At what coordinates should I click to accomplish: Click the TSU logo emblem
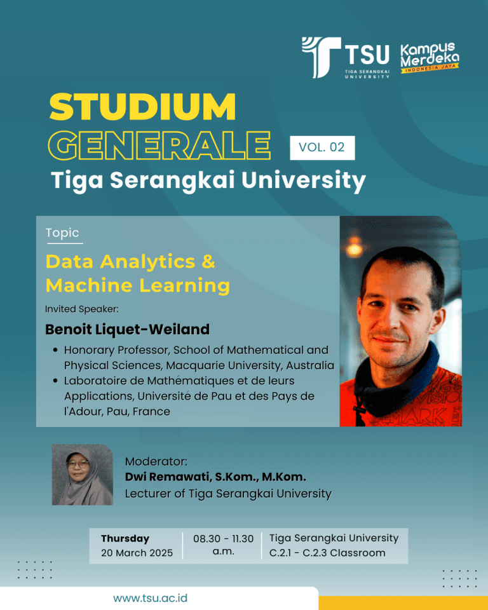tap(321, 57)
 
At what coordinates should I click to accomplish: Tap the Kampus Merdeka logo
tap(430, 58)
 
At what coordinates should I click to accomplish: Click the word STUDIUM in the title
tap(142, 107)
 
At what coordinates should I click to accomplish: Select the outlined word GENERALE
tap(159, 146)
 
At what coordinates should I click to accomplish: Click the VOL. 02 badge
tap(322, 147)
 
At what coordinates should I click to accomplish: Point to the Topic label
tap(62, 233)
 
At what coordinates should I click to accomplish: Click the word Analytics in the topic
tap(147, 261)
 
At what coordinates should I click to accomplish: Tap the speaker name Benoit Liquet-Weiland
tap(127, 329)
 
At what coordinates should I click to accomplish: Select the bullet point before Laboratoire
tap(55, 381)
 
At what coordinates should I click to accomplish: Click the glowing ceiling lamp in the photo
tap(354, 248)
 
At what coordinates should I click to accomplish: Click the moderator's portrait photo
tap(83, 475)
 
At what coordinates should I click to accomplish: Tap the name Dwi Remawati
tap(168, 477)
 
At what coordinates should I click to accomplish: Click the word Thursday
tap(125, 538)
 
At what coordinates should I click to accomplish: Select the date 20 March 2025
tap(137, 553)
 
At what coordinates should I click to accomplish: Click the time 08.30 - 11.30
tap(224, 538)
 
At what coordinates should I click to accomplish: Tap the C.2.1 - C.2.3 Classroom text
tap(327, 553)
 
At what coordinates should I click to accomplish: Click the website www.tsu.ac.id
tap(150, 598)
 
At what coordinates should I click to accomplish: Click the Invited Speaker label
tap(82, 309)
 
